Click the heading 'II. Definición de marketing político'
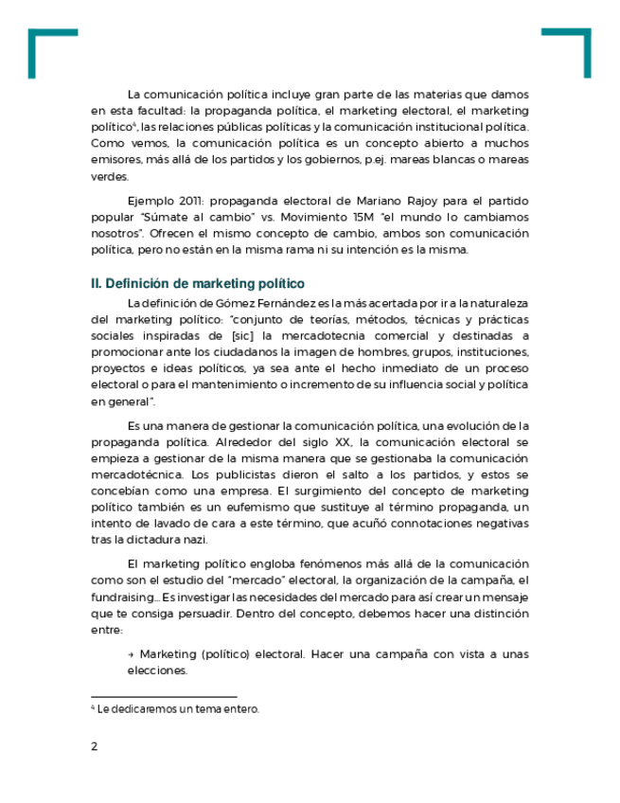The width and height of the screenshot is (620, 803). [x=197, y=283]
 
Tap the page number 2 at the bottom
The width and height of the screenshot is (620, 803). [x=94, y=746]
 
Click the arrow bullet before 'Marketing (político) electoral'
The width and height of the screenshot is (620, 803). [x=130, y=654]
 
